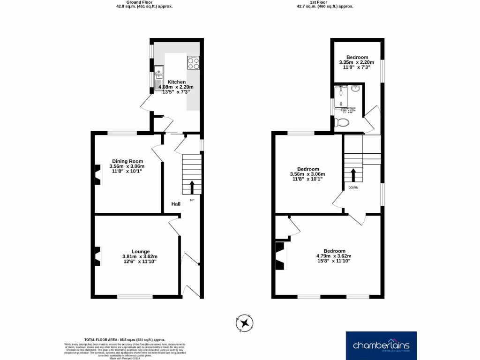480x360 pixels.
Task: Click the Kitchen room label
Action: [177, 82]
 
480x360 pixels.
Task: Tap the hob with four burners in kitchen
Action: [194, 63]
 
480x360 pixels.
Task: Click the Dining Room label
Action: [127, 161]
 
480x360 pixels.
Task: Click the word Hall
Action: [176, 204]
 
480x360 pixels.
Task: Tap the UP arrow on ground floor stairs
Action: [192, 187]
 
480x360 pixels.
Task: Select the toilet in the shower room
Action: [342, 123]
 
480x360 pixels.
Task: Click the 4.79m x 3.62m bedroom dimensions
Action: [334, 256]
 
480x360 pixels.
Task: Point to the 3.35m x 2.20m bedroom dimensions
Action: [357, 62]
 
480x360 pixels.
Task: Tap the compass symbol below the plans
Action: [244, 322]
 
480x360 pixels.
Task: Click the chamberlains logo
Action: [381, 346]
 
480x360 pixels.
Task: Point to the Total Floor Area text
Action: [125, 339]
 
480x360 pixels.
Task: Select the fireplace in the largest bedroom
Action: [281, 256]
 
